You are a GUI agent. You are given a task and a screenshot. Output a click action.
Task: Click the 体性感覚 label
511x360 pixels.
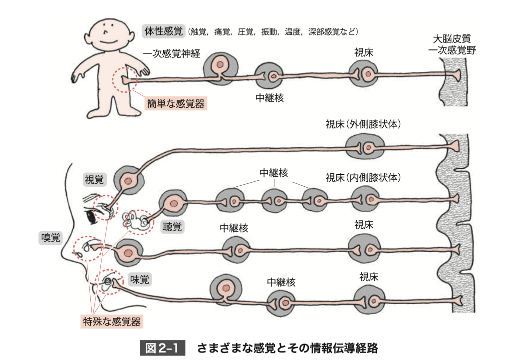(x=164, y=31)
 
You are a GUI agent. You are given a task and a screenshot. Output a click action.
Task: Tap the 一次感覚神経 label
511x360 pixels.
(x=172, y=53)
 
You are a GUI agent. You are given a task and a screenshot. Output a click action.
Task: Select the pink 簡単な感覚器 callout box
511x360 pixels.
(x=176, y=103)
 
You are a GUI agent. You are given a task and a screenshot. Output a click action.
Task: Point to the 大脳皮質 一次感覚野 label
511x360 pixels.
(x=452, y=44)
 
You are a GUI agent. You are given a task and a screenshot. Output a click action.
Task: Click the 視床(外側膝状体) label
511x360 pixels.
(x=363, y=124)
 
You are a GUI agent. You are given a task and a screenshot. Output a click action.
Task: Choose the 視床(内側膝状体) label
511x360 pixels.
(x=363, y=177)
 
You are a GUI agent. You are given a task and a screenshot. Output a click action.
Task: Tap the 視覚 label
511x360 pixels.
(x=94, y=180)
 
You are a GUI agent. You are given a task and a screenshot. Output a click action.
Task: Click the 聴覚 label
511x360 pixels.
(x=172, y=226)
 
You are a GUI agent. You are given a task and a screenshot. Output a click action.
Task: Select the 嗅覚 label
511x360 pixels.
(x=50, y=237)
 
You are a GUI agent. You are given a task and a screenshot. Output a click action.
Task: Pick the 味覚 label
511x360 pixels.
(x=140, y=280)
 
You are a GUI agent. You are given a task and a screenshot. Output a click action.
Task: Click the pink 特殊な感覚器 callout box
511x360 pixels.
(x=112, y=322)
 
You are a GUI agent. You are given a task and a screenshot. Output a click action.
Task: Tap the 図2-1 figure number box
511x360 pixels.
(x=162, y=348)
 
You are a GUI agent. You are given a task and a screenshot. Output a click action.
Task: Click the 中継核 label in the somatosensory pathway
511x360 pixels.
(x=269, y=98)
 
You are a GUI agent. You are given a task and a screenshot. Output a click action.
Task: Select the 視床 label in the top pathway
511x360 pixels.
(x=364, y=52)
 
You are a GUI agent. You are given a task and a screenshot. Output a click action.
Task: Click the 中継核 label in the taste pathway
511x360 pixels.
(x=281, y=282)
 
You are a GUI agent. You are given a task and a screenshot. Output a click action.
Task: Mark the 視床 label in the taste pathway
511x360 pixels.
(x=369, y=277)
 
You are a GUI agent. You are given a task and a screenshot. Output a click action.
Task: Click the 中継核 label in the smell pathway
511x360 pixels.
(x=234, y=228)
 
